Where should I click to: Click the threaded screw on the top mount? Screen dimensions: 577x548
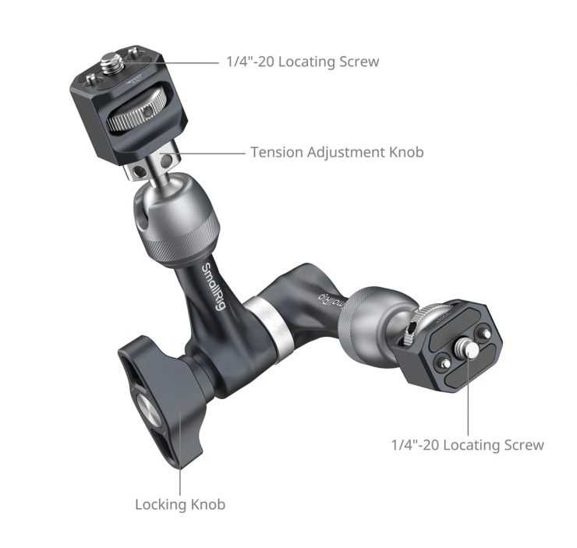(112, 63)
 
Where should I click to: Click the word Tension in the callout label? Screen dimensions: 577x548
(277, 152)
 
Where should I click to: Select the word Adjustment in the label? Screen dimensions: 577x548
(347, 153)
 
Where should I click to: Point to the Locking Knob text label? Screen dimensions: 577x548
(180, 504)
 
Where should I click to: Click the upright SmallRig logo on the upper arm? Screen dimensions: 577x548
(213, 287)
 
